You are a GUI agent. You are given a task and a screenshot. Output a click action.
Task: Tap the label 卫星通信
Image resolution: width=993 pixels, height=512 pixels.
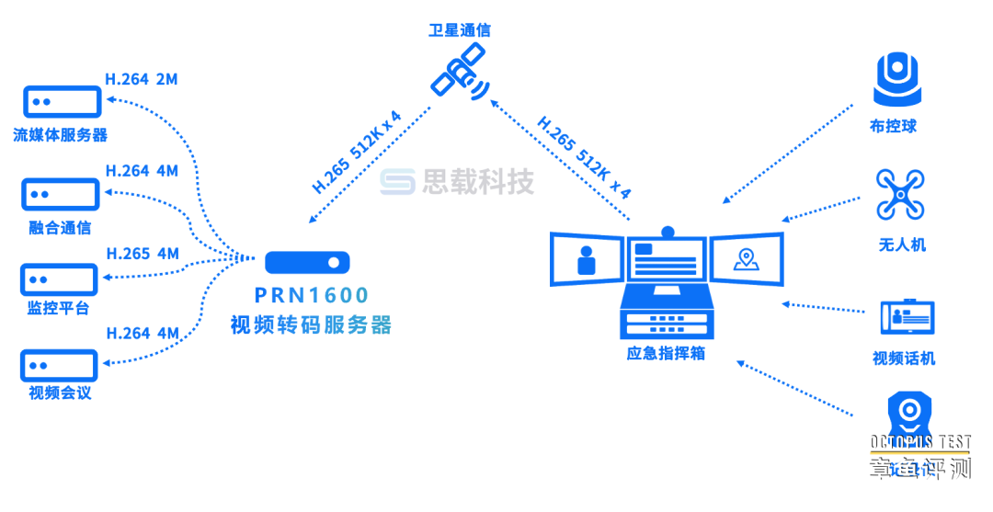tap(460, 30)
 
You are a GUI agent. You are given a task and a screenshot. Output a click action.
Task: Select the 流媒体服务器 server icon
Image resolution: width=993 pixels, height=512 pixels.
tap(61, 101)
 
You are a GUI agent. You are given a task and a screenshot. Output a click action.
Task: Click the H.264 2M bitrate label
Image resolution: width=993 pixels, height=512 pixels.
tap(142, 80)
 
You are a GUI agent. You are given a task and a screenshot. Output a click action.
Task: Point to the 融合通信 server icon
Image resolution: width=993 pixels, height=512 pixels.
tap(61, 194)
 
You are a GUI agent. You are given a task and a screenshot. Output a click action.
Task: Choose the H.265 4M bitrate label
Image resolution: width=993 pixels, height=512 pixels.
tap(143, 254)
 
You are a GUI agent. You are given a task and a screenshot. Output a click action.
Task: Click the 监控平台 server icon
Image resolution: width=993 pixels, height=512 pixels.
tap(60, 279)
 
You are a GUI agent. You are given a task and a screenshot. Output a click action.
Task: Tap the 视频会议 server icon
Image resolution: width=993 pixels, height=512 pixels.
tap(60, 365)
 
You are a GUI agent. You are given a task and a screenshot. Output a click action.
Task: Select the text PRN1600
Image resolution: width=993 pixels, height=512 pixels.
tap(312, 295)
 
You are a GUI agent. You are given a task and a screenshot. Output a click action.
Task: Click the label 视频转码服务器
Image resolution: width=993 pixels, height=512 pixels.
tap(311, 325)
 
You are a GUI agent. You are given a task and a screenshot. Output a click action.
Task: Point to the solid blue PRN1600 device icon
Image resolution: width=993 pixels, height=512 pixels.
tap(308, 263)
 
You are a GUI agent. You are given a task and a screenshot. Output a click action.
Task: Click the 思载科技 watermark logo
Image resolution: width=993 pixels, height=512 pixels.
tap(458, 182)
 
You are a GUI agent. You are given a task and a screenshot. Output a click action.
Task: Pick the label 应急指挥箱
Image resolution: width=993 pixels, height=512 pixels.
tap(666, 352)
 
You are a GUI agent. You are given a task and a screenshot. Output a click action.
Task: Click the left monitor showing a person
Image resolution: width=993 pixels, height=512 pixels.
tap(587, 259)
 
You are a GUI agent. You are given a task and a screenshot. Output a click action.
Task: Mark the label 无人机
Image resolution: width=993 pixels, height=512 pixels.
tap(902, 245)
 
